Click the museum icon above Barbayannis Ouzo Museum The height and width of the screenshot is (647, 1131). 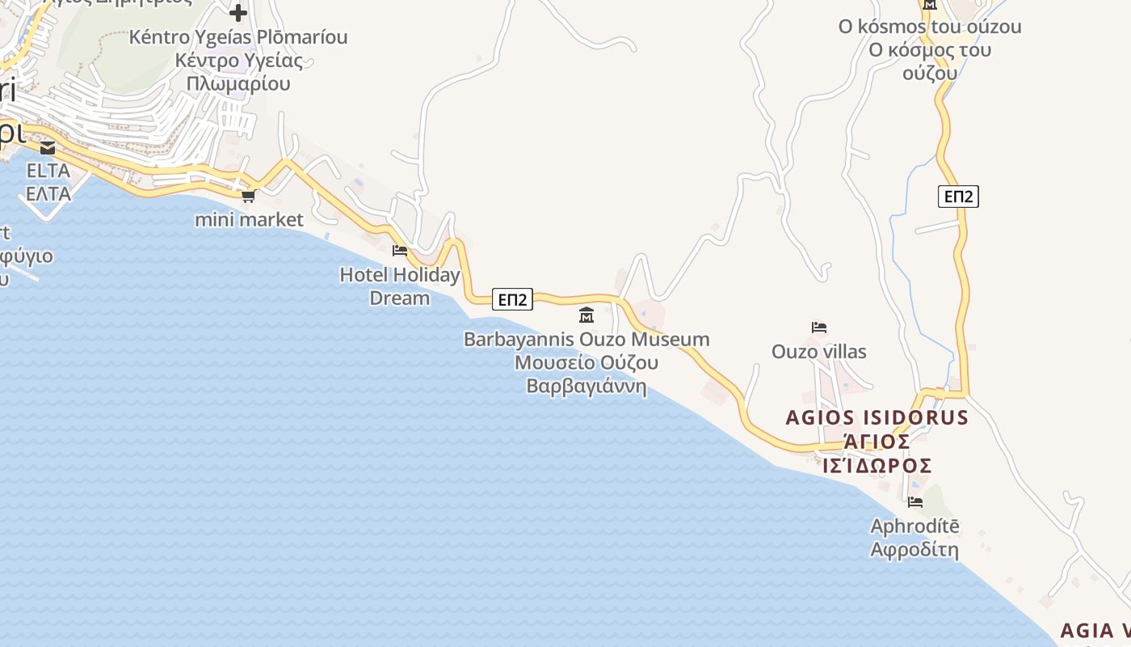pyautogui.click(x=587, y=315)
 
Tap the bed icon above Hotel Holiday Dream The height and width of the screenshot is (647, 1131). pyautogui.click(x=399, y=251)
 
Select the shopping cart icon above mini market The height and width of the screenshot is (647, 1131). pyautogui.click(x=249, y=196)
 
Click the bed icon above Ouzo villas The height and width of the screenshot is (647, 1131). pyautogui.click(x=819, y=328)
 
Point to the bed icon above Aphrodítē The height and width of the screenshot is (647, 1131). pyautogui.click(x=914, y=502)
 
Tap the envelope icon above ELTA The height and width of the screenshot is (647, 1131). pyautogui.click(x=48, y=148)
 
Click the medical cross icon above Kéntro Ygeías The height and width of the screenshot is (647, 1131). pyautogui.click(x=238, y=13)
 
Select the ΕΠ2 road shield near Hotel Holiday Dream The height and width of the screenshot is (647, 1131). pyautogui.click(x=512, y=300)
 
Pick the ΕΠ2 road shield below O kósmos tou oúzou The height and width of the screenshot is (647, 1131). pyautogui.click(x=958, y=197)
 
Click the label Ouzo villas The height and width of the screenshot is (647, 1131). pyautogui.click(x=818, y=352)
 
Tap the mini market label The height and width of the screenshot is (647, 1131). pyautogui.click(x=249, y=219)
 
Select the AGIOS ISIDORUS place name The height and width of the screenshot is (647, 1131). pyautogui.click(x=877, y=417)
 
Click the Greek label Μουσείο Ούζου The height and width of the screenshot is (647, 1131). pyautogui.click(x=587, y=362)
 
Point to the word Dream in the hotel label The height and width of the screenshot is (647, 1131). pyautogui.click(x=399, y=298)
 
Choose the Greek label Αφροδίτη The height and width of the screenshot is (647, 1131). pyautogui.click(x=914, y=550)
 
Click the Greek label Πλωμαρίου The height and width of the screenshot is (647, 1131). pyautogui.click(x=238, y=83)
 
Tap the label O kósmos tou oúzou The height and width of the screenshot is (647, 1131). pyautogui.click(x=929, y=27)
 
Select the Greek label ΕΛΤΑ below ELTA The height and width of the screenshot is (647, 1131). pyautogui.click(x=48, y=194)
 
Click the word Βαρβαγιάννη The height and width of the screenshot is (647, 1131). pyautogui.click(x=587, y=386)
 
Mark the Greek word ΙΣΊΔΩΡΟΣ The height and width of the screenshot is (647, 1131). pyautogui.click(x=877, y=466)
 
